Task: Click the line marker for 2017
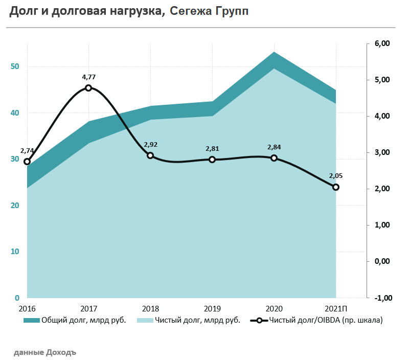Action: (88, 88)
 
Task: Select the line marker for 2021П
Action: (336, 187)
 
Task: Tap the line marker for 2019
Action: (212, 160)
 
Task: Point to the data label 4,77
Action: (88, 77)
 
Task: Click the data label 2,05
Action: (336, 176)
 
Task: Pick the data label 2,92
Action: (150, 145)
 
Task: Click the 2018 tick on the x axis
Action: (150, 308)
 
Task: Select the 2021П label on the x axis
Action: (336, 308)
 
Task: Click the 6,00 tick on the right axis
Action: (382, 43)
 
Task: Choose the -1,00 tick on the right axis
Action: (381, 298)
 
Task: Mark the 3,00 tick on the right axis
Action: (382, 152)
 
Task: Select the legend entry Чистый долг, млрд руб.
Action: (190, 321)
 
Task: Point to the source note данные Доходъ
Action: (44, 352)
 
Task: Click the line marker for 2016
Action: (27, 162)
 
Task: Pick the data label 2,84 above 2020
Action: (274, 147)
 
